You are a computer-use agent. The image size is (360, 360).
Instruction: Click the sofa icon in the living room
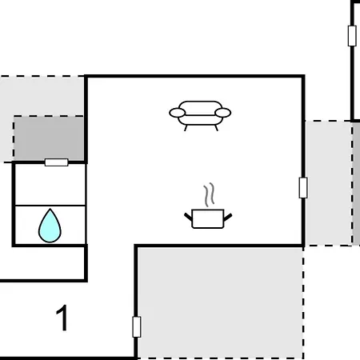[x=200, y=116]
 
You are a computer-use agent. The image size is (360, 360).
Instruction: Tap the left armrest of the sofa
[x=177, y=113]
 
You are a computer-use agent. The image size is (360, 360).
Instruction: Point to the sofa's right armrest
[x=223, y=113]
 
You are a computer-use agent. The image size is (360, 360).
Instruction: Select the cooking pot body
[x=208, y=218]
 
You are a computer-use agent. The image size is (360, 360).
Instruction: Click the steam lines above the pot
[x=209, y=194]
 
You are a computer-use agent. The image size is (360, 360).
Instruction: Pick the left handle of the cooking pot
[x=188, y=217]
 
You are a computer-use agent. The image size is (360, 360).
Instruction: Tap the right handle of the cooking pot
[x=228, y=217]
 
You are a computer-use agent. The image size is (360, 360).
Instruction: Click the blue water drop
[x=50, y=226]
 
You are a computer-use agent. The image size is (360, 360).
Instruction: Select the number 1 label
[x=62, y=318]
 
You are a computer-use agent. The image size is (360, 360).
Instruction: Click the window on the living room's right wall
[x=303, y=188]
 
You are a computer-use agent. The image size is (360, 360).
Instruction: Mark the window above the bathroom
[x=57, y=162]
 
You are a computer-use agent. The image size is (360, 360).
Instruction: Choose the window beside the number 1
[x=137, y=327]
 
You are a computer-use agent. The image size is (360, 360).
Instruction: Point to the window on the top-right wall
[x=352, y=36]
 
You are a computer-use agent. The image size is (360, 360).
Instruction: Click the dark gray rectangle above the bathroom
[x=49, y=138]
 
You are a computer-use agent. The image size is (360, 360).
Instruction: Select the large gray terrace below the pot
[x=220, y=302]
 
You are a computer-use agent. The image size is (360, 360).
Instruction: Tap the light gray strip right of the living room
[x=329, y=183]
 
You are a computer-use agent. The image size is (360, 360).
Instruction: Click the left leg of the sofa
[x=186, y=128]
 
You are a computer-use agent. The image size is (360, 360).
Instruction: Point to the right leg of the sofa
[x=217, y=128]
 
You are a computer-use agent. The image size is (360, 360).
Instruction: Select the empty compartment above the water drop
[x=50, y=185]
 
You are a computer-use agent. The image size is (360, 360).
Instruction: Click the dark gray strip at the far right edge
[x=357, y=183]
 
